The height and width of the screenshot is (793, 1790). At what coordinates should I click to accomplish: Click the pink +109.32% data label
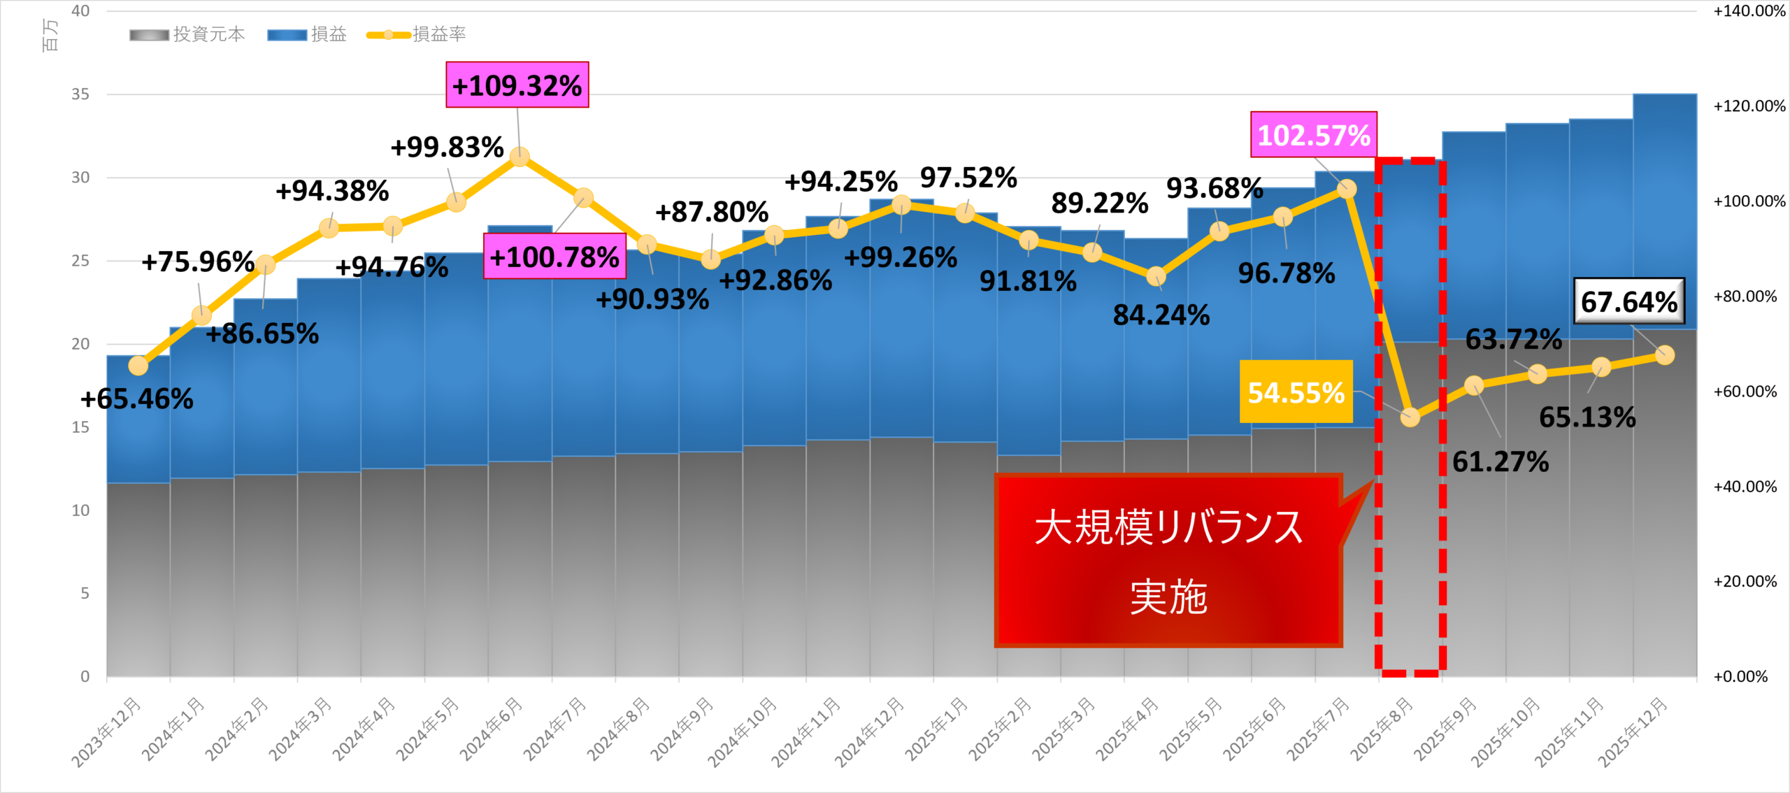(x=517, y=85)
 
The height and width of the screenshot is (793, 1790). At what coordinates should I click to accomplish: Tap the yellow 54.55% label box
(x=1296, y=392)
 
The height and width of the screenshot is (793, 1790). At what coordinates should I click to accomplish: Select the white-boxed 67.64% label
(x=1628, y=301)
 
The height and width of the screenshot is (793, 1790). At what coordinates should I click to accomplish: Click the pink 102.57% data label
(x=1314, y=134)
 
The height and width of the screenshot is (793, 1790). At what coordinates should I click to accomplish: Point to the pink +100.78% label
(x=554, y=257)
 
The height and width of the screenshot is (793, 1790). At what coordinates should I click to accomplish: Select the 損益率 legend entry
(x=417, y=34)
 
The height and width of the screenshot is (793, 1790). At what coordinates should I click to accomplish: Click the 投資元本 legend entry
(x=187, y=34)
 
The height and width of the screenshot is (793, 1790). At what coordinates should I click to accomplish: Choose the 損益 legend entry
(x=308, y=34)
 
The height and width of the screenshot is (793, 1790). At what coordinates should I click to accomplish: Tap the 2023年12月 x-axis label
(x=107, y=731)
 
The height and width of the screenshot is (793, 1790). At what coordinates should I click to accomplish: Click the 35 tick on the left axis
(x=80, y=94)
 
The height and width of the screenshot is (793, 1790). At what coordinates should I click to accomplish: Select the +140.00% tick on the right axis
(x=1749, y=11)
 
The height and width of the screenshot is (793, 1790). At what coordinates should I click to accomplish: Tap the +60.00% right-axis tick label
(x=1745, y=392)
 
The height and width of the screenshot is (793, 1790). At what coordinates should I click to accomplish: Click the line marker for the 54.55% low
(x=1410, y=417)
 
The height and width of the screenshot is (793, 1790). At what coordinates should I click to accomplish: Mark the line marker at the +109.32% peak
(x=520, y=157)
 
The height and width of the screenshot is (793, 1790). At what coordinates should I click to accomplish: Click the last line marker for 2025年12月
(x=1665, y=355)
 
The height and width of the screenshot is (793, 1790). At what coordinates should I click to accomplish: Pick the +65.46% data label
(x=137, y=399)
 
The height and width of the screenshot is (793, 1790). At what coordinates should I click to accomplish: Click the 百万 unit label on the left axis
(x=50, y=35)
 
